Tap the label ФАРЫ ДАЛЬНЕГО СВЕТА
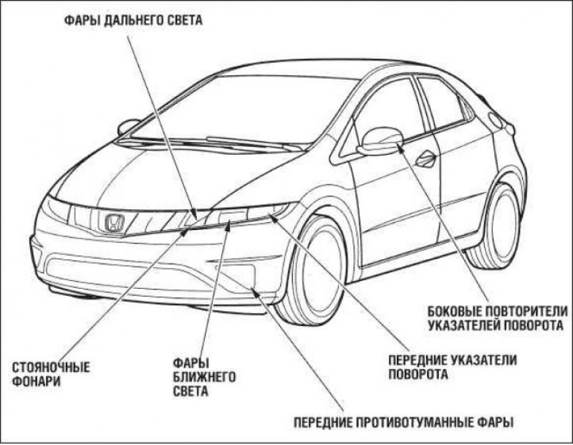130,21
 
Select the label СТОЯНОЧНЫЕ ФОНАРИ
51,375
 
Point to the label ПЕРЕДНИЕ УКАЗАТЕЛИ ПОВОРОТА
452,366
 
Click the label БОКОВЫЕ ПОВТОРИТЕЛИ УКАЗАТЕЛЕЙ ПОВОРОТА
496,317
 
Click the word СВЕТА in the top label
181,21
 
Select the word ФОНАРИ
36,382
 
